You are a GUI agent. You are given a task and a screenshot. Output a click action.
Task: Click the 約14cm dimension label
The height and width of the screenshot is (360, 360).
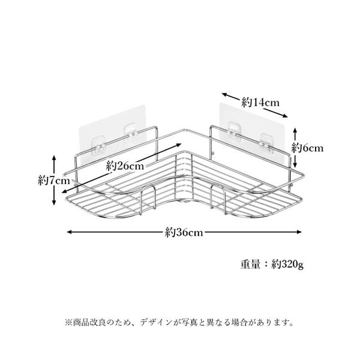(x=261, y=103)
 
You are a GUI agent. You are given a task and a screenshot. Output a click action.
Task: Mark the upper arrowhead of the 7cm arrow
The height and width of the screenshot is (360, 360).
(x=55, y=158)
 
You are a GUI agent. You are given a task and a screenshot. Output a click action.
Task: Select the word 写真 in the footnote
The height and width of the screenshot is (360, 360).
(x=201, y=323)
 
